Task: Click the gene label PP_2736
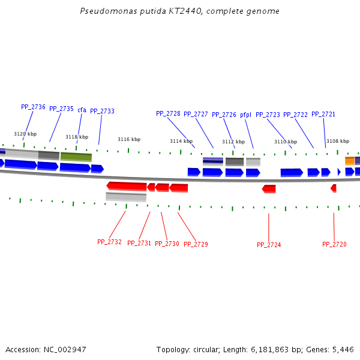coord(33,107)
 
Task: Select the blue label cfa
coord(82,110)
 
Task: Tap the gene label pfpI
coord(245,115)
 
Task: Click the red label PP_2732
coord(109,242)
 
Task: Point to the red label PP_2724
coord(269,245)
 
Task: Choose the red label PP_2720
coord(334,244)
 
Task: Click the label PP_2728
coord(168,113)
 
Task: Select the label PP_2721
coord(323,114)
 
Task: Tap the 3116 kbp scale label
coord(129,139)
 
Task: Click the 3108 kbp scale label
coord(338,142)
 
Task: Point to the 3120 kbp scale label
coord(25,134)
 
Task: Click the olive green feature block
coord(76,157)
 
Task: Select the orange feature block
coord(349,161)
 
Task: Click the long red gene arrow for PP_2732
coord(127,186)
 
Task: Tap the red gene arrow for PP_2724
coord(269,189)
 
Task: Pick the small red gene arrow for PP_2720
coord(334,188)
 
